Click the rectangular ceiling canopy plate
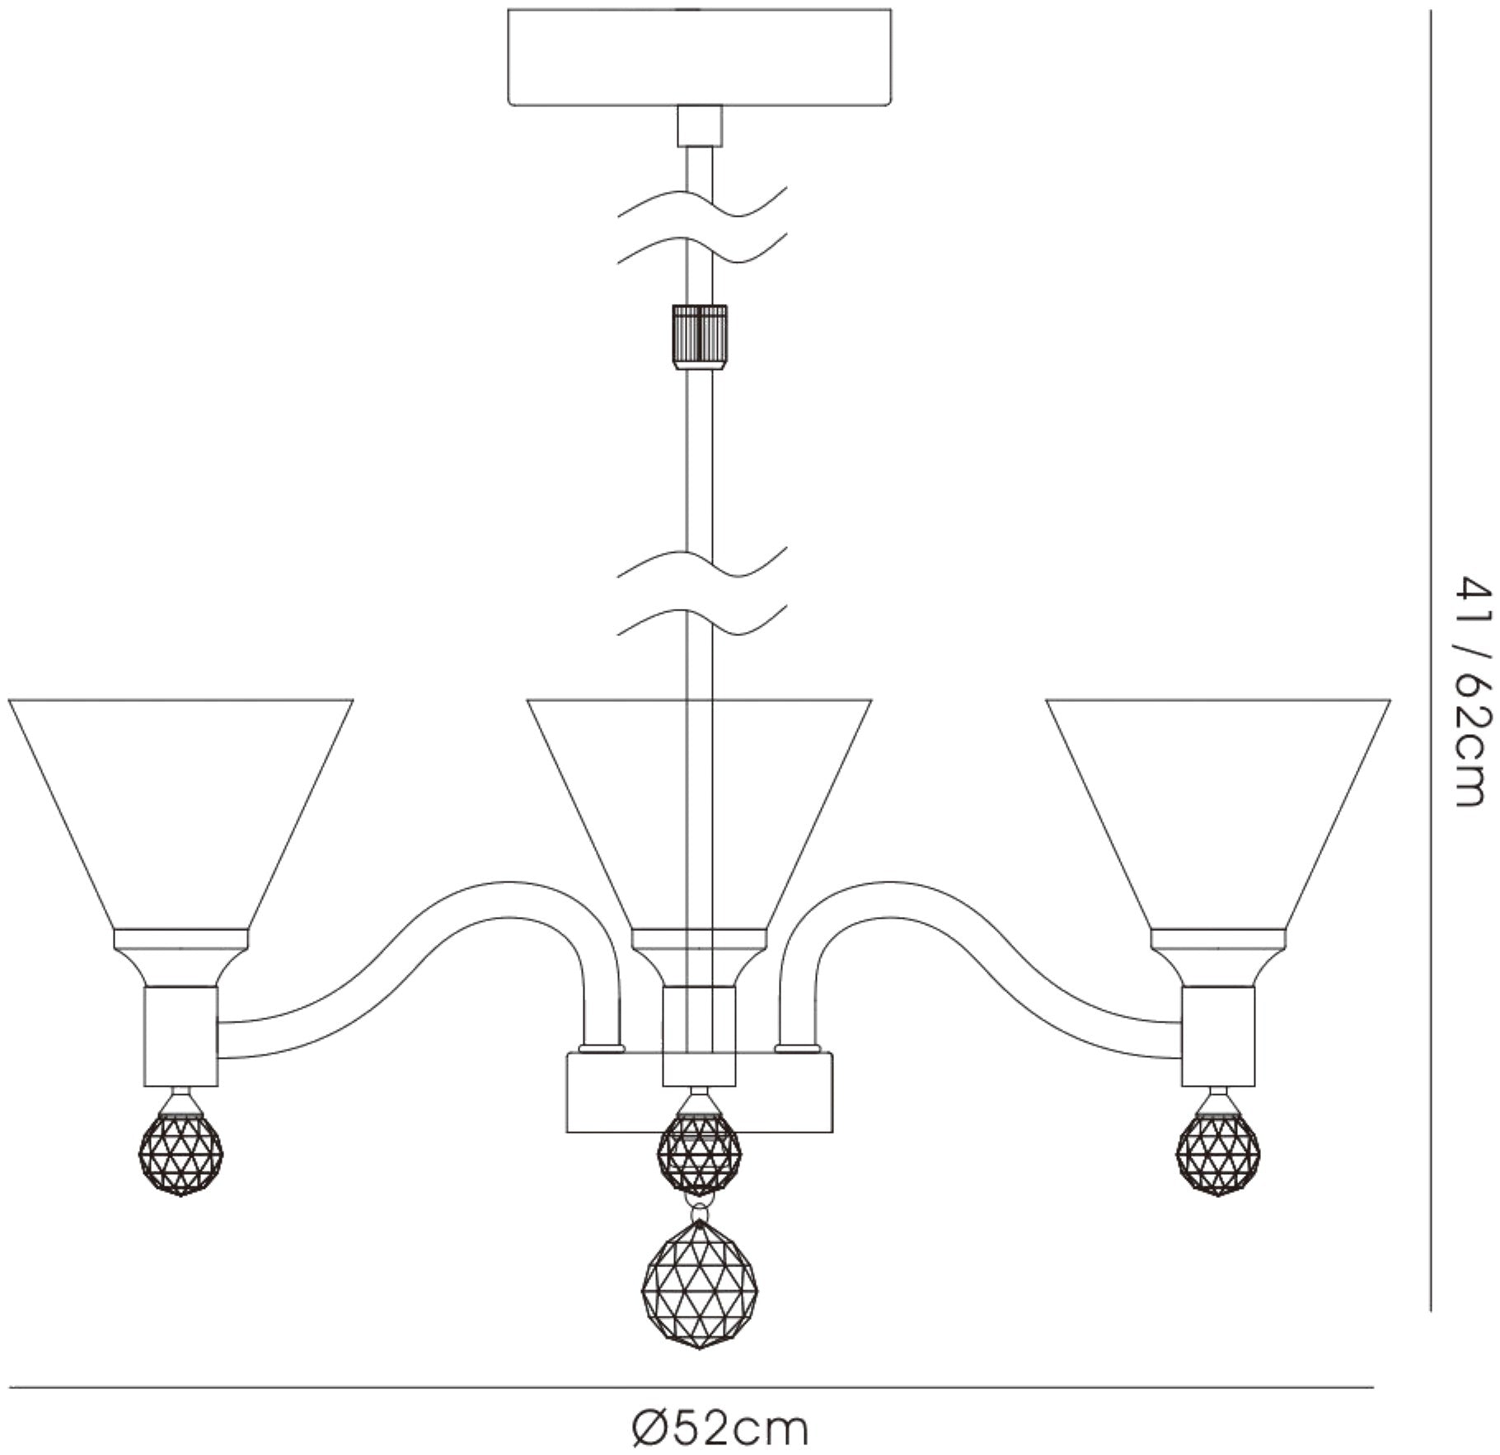point(700,57)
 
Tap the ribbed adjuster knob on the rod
point(701,338)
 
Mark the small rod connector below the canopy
point(700,126)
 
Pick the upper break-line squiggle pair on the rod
point(701,226)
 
